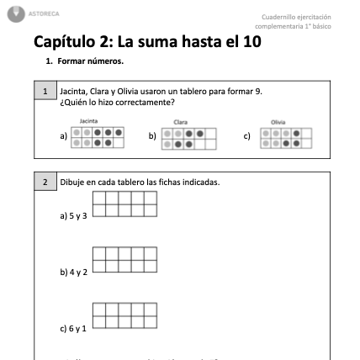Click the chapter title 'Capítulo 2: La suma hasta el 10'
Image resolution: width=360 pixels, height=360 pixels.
tap(147, 42)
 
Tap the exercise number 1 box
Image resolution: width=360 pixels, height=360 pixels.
tap(45, 90)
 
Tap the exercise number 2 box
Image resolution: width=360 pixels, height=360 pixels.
tap(45, 182)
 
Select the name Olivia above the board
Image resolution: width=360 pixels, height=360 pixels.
tap(278, 122)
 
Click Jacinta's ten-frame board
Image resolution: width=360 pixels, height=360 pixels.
tap(98, 137)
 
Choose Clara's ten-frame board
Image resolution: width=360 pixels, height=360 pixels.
tap(189, 137)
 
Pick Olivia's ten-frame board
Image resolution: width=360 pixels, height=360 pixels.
tap(286, 137)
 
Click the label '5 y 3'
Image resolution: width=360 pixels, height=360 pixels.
tap(74, 216)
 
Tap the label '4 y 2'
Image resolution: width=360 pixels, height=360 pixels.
tap(74, 272)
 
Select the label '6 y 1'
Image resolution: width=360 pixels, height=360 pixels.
tap(74, 327)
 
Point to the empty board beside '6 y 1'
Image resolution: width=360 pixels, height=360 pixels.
tap(124, 315)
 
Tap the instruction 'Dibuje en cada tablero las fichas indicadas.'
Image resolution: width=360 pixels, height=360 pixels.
tap(140, 182)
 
